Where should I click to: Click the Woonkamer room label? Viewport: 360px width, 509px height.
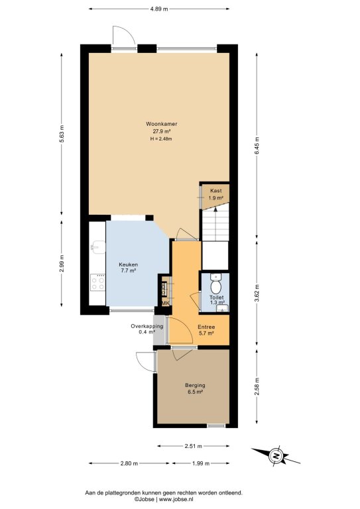[x=161, y=124]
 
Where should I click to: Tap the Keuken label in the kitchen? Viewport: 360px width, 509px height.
[x=128, y=264]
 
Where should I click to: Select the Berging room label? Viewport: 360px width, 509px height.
[x=195, y=385]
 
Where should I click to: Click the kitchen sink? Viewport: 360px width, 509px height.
[x=98, y=247]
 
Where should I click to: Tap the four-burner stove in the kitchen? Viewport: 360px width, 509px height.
[x=97, y=282]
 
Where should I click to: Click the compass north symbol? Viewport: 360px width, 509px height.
[x=276, y=456]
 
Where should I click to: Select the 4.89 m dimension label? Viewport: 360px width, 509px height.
[x=159, y=9]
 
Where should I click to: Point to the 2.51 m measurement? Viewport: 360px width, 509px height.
[x=194, y=446]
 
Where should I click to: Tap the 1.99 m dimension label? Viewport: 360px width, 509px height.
[x=201, y=463]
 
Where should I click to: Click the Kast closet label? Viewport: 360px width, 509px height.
[x=216, y=191]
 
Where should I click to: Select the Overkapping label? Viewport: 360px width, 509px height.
[x=147, y=326]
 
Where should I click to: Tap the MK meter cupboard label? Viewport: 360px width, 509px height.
[x=166, y=304]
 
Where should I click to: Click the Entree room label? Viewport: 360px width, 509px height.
[x=206, y=327]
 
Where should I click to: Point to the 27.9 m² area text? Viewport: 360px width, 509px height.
[x=162, y=131]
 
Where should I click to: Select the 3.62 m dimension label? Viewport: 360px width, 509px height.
[x=257, y=293]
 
